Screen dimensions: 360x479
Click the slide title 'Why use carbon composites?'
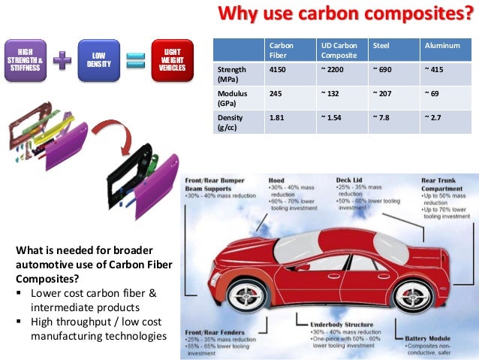point(347,14)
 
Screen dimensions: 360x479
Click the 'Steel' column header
point(381,46)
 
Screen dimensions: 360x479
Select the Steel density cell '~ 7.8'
point(381,118)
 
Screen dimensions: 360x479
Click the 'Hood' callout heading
point(276,180)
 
